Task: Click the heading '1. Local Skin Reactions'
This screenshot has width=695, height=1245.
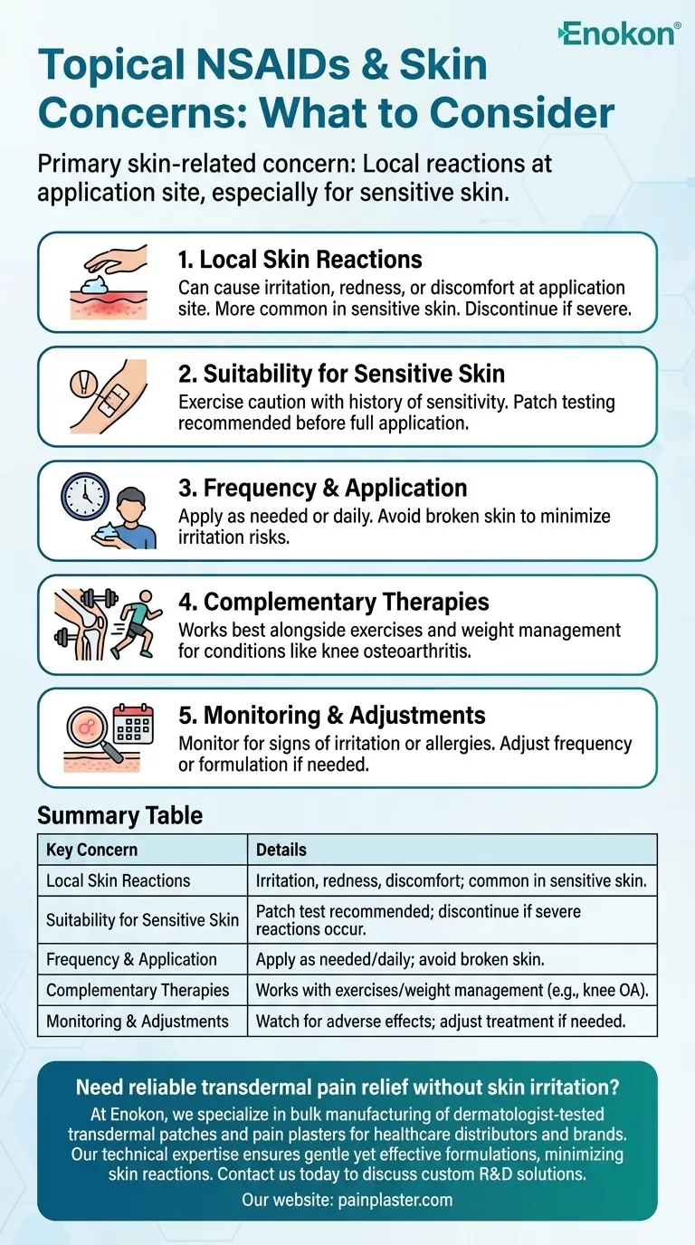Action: [300, 260]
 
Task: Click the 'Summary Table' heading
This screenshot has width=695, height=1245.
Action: [119, 815]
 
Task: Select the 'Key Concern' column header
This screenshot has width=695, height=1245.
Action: [91, 850]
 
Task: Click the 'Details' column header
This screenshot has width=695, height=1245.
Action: [281, 850]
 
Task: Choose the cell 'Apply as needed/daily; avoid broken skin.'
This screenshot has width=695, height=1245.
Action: [404, 959]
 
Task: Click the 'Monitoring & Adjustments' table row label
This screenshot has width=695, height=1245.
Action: [137, 1021]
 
